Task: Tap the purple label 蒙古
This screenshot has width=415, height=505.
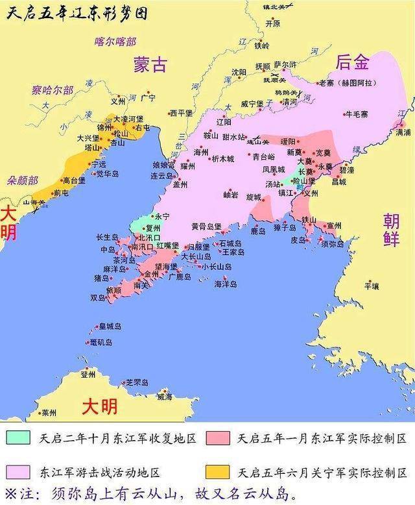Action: [151, 64]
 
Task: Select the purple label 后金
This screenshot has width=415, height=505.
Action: [353, 62]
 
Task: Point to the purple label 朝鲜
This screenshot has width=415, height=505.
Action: [391, 229]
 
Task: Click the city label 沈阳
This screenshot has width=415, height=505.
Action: [239, 72]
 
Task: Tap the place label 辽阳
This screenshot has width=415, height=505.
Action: [223, 122]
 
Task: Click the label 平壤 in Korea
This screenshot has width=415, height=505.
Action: [372, 284]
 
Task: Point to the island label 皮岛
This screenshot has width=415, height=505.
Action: [298, 240]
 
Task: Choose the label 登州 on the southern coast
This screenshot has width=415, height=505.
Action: [88, 375]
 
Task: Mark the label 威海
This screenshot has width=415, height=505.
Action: [165, 396]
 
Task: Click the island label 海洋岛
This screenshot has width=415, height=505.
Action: [226, 284]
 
